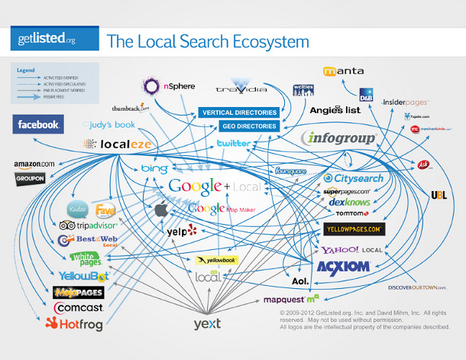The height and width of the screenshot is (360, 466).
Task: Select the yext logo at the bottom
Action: pyautogui.click(x=206, y=324)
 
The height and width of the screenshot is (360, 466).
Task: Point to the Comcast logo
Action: pyautogui.click(x=78, y=307)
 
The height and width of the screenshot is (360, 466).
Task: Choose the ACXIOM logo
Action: pyautogui.click(x=343, y=267)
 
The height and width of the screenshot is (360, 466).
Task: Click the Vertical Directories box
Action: pyautogui.click(x=239, y=113)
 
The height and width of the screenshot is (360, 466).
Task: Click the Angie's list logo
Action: pyautogui.click(x=335, y=110)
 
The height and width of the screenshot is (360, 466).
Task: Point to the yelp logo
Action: pyautogui.click(x=182, y=231)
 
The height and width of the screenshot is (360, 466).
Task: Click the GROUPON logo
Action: pyautogui.click(x=30, y=179)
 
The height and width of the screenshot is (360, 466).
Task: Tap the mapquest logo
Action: pyautogui.click(x=291, y=299)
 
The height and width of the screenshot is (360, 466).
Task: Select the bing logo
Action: pyautogui.click(x=154, y=168)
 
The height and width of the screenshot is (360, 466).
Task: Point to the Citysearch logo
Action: pyautogui.click(x=353, y=177)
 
